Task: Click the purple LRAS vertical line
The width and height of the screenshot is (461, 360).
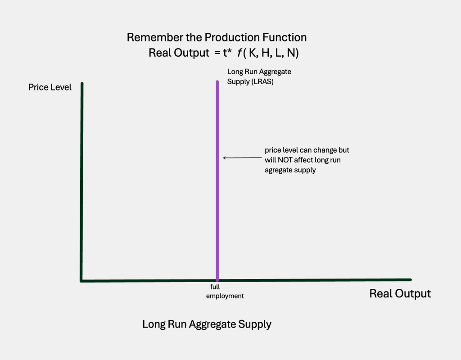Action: click(217, 180)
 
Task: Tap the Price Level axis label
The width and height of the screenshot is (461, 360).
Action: click(50, 87)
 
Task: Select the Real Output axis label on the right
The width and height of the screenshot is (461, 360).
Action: click(400, 294)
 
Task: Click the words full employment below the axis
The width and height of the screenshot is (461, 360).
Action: click(225, 292)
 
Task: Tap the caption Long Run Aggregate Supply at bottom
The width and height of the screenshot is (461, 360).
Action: click(207, 324)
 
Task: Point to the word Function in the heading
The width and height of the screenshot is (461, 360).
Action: click(284, 37)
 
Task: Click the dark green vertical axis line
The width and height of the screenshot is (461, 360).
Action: click(82, 180)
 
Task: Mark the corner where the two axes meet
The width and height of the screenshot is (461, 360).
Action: click(82, 280)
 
